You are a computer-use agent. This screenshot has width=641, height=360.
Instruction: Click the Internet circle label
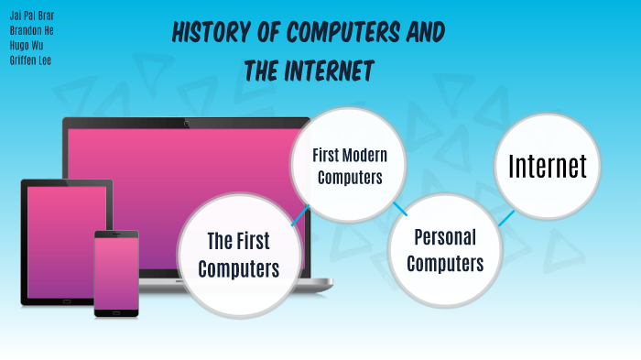[x=547, y=166]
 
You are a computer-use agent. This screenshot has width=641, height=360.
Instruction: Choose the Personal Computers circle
[x=445, y=250]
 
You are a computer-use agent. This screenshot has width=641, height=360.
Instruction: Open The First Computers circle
[x=238, y=255]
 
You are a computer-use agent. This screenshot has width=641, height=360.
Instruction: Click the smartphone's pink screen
[x=116, y=273]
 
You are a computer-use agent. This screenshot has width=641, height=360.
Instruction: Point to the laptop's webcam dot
[x=187, y=122]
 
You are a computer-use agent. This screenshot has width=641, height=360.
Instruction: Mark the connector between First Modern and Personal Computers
[x=399, y=209]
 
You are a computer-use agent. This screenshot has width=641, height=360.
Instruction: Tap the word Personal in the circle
[x=445, y=237]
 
